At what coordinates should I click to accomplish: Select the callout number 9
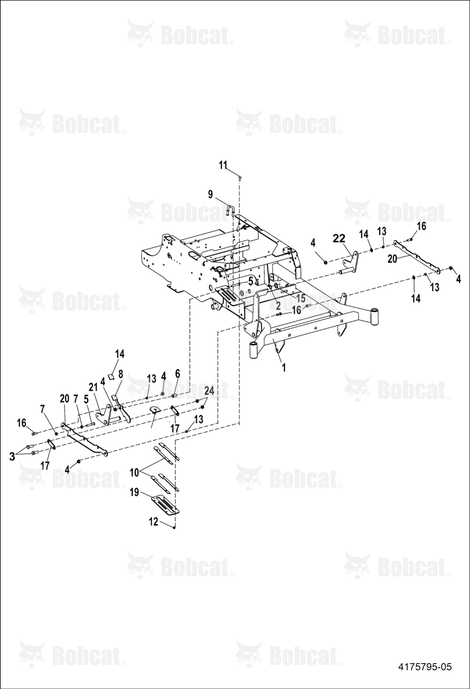(x=210, y=194)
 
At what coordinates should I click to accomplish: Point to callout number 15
(x=301, y=298)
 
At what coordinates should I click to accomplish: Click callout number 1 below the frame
(x=284, y=367)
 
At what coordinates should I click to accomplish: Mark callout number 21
(x=93, y=388)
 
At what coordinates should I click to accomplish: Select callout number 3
(x=12, y=456)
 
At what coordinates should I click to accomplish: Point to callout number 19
(x=134, y=492)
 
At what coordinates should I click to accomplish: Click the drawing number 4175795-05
(x=425, y=673)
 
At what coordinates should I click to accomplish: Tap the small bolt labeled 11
(x=240, y=178)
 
